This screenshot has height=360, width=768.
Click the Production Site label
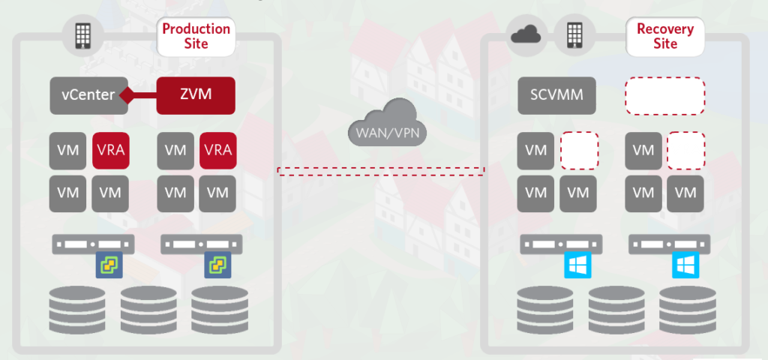tap(196, 36)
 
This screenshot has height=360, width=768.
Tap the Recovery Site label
tap(665, 36)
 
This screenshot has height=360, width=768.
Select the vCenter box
tap(88, 95)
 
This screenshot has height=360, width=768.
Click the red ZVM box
tap(196, 95)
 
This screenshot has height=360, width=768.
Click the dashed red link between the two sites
tap(381, 171)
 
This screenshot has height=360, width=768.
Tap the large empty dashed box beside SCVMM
tap(665, 95)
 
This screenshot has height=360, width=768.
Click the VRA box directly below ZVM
tap(217, 151)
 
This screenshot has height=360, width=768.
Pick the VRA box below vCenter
tap(110, 151)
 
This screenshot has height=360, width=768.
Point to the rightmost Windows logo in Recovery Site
tap(685, 265)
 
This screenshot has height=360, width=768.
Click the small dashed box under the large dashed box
tap(685, 151)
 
